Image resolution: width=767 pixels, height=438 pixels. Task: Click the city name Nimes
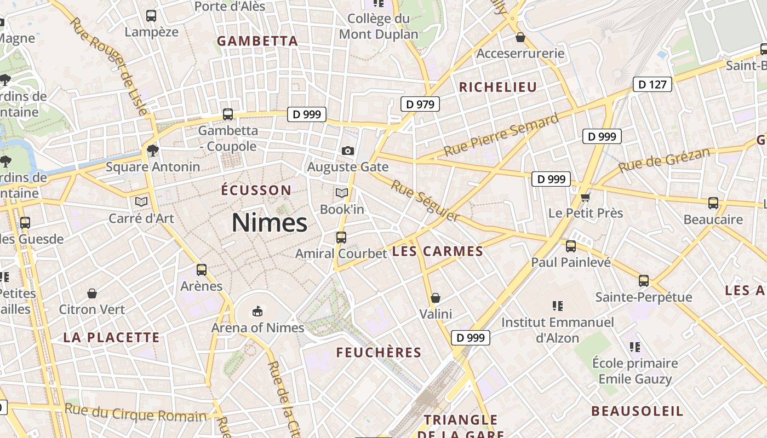[269, 223]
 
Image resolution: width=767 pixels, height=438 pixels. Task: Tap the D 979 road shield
[420, 104]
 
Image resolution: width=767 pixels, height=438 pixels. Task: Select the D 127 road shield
[652, 84]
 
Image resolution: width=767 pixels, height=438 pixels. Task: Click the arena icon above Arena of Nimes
[256, 312]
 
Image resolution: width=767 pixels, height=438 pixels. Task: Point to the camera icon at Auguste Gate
[347, 151]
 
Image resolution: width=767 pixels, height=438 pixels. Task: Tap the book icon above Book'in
[342, 193]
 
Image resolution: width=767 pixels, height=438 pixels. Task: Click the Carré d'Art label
[141, 218]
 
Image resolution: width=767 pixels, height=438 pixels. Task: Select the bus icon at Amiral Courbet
[341, 237]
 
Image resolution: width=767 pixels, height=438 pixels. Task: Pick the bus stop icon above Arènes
[202, 270]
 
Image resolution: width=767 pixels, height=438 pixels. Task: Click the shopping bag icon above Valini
[436, 298]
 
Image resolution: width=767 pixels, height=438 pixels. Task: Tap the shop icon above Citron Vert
[92, 293]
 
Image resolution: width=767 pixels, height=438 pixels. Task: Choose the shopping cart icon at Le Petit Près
[586, 197]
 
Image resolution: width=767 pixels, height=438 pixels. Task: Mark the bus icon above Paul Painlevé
[571, 246]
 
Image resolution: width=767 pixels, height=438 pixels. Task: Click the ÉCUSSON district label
[256, 190]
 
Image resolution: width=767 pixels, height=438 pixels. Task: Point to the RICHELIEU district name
[497, 87]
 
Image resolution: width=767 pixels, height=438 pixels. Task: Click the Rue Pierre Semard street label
[501, 135]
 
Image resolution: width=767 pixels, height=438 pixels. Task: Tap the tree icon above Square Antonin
[153, 150]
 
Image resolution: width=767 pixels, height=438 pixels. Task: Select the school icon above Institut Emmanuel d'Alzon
[558, 306]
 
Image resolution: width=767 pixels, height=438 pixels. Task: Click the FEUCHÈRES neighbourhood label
[379, 353]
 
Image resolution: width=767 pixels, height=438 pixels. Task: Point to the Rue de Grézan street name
[664, 160]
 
